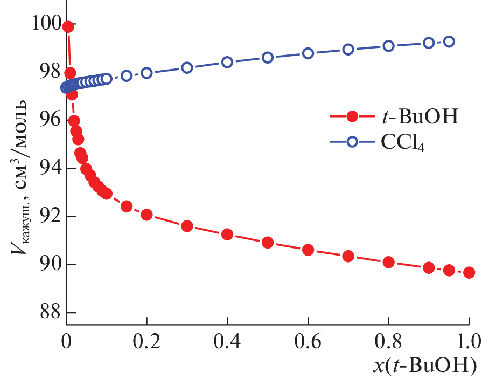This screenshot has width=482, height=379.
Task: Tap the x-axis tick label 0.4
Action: point(227,341)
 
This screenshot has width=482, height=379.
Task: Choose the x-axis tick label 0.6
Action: point(308,341)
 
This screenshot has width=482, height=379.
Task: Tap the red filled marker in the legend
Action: point(352,117)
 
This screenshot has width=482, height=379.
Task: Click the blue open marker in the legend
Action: point(352,142)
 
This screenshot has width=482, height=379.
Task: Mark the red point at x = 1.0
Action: point(469,272)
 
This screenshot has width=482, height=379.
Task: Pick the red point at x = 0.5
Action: point(268,243)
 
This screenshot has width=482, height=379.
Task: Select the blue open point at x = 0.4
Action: point(227,62)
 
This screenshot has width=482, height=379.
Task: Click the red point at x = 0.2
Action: point(146,215)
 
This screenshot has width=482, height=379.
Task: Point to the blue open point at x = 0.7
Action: point(348,49)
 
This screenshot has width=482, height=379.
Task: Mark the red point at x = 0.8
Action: point(389,263)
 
